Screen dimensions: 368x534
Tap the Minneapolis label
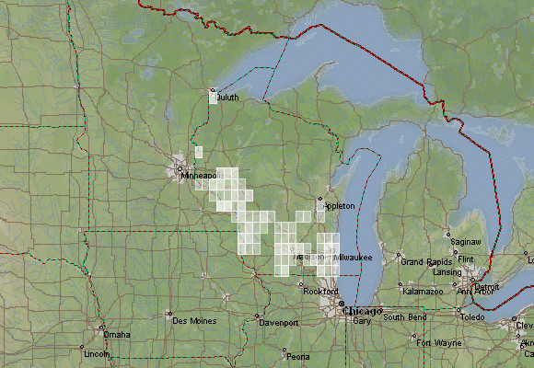[199, 175]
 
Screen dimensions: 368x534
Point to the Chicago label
[361, 311]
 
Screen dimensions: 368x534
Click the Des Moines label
[193, 320]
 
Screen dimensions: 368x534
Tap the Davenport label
[278, 324]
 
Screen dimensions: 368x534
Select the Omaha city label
[117, 335]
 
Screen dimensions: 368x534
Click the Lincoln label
[96, 354]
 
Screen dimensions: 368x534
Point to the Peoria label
[297, 356]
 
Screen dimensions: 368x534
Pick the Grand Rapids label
[425, 262]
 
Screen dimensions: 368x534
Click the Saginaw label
[462, 237]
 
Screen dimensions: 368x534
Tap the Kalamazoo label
[424, 291]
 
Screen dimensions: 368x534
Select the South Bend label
[405, 317]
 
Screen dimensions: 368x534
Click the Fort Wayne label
[438, 343]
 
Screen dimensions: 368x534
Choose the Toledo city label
[472, 316]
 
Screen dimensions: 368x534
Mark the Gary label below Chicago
[361, 321]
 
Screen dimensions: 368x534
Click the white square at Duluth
[215, 97]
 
